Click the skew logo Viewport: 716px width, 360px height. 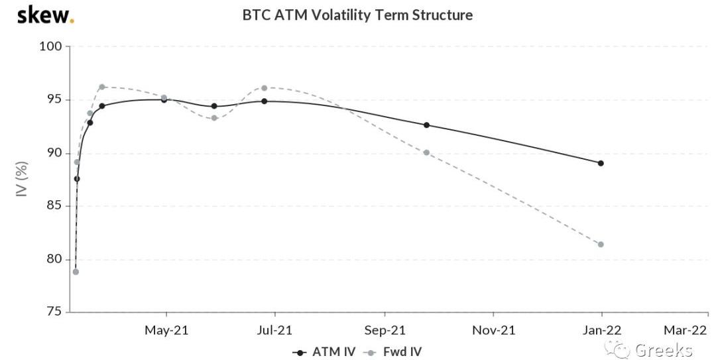pyautogui.click(x=45, y=15)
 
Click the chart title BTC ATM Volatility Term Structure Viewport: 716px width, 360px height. pyautogui.click(x=357, y=15)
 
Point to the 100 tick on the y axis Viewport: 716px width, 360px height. pyautogui.click(x=53, y=46)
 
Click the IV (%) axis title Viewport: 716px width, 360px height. pyautogui.click(x=22, y=179)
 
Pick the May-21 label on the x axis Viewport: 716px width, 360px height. pyautogui.click(x=166, y=330)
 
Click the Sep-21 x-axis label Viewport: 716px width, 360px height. pyautogui.click(x=385, y=330)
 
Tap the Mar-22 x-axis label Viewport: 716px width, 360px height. pyautogui.click(x=686, y=330)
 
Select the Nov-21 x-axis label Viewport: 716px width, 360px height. pyautogui.click(x=493, y=330)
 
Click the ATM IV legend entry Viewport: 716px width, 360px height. pyautogui.click(x=324, y=352)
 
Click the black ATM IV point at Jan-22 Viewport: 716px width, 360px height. pyautogui.click(x=601, y=163)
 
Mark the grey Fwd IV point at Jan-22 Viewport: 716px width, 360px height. pyautogui.click(x=601, y=244)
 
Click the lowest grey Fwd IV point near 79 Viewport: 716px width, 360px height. pyautogui.click(x=76, y=272)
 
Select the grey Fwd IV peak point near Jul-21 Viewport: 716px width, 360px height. pyautogui.click(x=264, y=88)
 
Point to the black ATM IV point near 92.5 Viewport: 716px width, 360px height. pyautogui.click(x=426, y=125)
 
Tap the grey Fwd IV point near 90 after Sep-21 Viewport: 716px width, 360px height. pyautogui.click(x=426, y=152)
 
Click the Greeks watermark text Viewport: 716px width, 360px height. pyautogui.click(x=663, y=350)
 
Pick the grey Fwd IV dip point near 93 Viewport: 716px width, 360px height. pyautogui.click(x=214, y=118)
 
